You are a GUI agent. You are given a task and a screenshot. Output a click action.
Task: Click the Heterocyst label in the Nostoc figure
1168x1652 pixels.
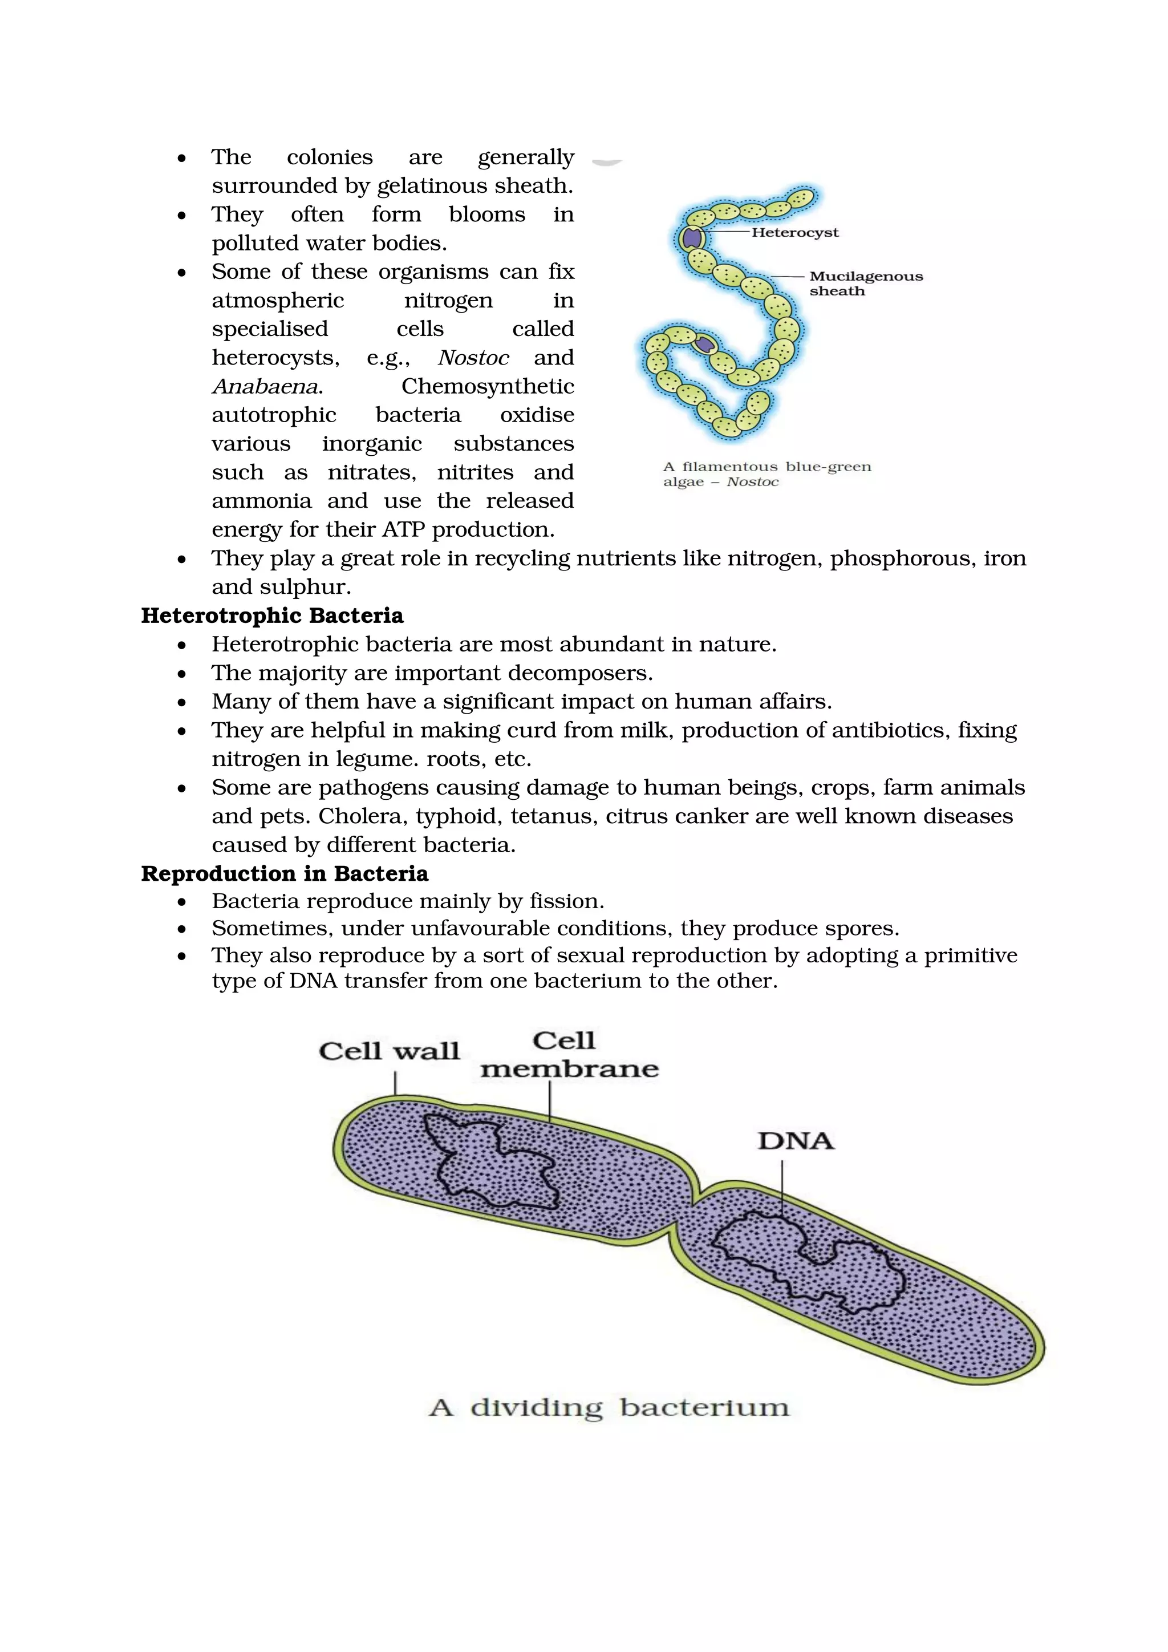tap(794, 232)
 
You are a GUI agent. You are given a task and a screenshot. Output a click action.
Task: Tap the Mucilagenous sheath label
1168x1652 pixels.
tap(865, 283)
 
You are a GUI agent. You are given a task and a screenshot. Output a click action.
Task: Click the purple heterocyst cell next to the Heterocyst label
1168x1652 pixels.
tap(692, 237)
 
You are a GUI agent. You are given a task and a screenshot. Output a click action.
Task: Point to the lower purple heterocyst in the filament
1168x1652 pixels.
tap(705, 344)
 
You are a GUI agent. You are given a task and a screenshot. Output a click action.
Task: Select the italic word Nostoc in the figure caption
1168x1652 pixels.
tap(752, 482)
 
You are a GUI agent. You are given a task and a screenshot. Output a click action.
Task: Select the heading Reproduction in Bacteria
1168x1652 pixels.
tap(284, 873)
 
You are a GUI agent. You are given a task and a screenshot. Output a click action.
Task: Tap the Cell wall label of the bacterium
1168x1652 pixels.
tap(389, 1051)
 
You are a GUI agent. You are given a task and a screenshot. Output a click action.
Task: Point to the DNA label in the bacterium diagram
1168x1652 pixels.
tap(796, 1141)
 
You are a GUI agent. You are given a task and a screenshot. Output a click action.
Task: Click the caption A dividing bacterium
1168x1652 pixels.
tap(609, 1407)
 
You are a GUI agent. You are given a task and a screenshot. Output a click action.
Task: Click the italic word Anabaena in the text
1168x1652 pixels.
tap(265, 386)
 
